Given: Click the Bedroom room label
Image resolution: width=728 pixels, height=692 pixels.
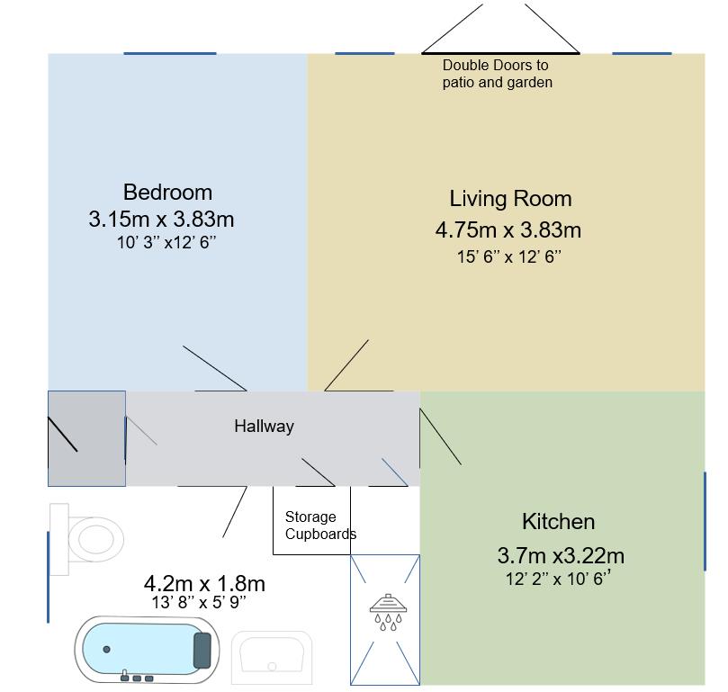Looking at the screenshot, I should pyautogui.click(x=167, y=192).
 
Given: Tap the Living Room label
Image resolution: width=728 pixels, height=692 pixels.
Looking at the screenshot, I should pyautogui.click(x=510, y=199).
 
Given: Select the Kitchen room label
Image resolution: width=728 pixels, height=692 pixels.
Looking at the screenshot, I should pyautogui.click(x=558, y=521).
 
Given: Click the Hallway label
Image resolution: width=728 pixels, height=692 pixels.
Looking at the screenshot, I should pyautogui.click(x=264, y=427).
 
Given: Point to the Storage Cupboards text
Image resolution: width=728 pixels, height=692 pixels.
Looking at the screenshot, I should pyautogui.click(x=319, y=526).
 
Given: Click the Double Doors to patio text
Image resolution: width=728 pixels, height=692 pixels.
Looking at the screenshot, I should pyautogui.click(x=497, y=74).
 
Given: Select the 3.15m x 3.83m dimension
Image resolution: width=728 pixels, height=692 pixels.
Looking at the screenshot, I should pyautogui.click(x=161, y=219).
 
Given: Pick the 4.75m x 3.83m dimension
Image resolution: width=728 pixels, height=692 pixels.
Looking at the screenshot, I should pyautogui.click(x=508, y=229).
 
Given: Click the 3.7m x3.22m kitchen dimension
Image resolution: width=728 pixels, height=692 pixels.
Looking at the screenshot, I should pyautogui.click(x=561, y=554).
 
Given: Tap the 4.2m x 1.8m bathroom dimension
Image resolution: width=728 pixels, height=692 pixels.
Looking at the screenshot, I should pyautogui.click(x=204, y=584).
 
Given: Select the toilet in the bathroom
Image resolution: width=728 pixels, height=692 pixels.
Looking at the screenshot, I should pyautogui.click(x=90, y=538).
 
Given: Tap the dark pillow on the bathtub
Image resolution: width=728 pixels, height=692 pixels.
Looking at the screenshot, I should pyautogui.click(x=202, y=649).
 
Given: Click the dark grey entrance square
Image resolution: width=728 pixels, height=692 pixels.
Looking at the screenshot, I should pyautogui.click(x=86, y=438).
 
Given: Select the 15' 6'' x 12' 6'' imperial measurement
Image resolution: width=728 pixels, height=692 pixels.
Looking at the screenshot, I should pyautogui.click(x=508, y=256).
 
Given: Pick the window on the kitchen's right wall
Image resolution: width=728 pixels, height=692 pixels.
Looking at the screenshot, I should pyautogui.click(x=705, y=521).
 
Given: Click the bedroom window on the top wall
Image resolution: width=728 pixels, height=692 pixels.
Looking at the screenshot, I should pyautogui.click(x=169, y=53).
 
